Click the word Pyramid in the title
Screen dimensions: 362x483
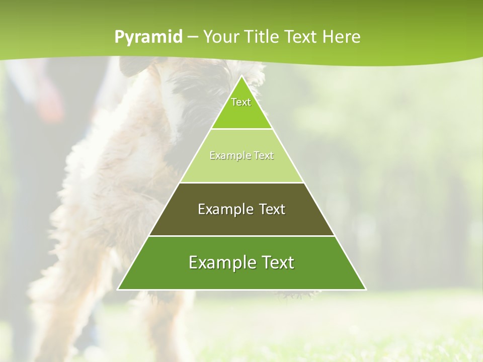(x=148, y=37)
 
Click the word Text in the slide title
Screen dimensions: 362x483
(x=302, y=37)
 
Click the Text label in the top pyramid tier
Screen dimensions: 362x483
(x=241, y=102)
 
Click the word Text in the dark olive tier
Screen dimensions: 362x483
(x=272, y=209)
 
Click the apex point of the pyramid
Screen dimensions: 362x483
(x=242, y=76)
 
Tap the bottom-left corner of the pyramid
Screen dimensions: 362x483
(x=118, y=290)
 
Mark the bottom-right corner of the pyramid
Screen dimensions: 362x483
(x=366, y=290)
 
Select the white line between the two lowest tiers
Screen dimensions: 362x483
(x=242, y=236)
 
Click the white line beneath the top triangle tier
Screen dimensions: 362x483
(x=242, y=129)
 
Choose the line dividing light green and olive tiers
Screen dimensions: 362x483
(x=242, y=183)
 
